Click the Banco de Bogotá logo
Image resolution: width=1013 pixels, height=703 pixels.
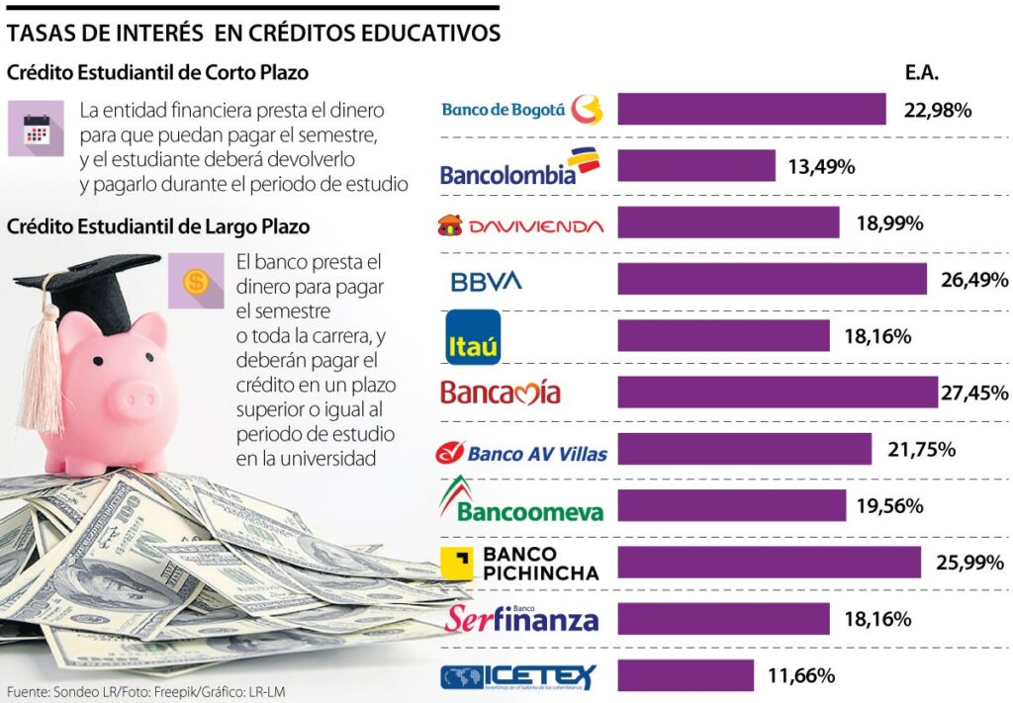(x=521, y=109)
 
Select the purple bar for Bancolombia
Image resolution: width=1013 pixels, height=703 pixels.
(x=696, y=166)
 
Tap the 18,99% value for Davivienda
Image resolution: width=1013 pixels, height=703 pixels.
(x=889, y=223)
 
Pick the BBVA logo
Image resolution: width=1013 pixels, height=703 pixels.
(x=486, y=281)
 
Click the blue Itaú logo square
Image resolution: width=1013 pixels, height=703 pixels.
(x=474, y=338)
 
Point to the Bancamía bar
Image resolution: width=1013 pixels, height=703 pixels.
(x=778, y=393)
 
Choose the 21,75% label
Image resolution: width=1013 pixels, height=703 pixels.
(x=921, y=450)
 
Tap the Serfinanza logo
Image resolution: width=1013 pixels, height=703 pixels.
(x=521, y=619)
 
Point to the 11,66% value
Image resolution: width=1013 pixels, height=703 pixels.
(x=801, y=676)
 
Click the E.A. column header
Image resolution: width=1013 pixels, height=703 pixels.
(x=921, y=73)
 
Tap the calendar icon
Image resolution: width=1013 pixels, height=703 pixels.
(x=36, y=129)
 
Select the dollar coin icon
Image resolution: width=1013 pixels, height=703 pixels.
(x=196, y=281)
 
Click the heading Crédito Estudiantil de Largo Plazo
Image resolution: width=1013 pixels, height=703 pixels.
(x=158, y=226)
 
